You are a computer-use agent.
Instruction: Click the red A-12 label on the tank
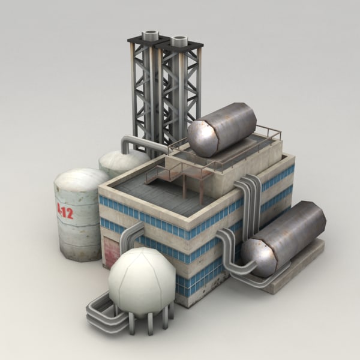click(65, 209)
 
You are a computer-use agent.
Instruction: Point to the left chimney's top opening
click(149, 36)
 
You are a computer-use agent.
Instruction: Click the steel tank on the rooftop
click(222, 129)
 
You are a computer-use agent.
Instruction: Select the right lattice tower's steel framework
click(180, 90)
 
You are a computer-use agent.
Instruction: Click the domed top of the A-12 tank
click(82, 179)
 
